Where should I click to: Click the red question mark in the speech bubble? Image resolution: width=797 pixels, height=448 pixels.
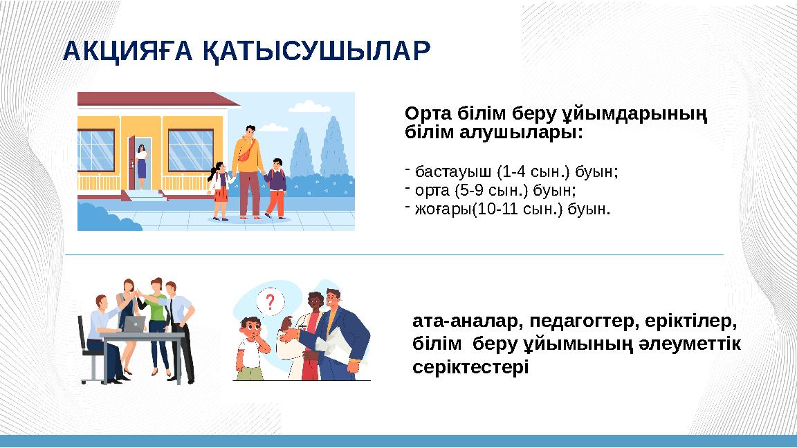click(x=270, y=302)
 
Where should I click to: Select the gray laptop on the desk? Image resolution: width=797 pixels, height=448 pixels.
click(x=134, y=323)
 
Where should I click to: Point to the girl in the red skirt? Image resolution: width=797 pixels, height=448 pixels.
click(x=221, y=190)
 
